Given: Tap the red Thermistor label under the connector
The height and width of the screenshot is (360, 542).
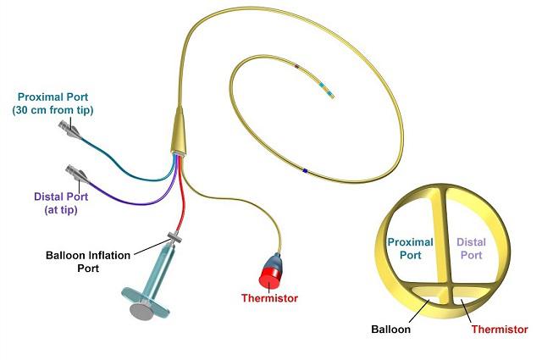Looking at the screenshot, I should pos(270,298).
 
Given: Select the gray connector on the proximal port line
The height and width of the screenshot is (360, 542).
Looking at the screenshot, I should pos(69,130).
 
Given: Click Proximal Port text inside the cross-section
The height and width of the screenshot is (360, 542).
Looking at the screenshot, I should pos(411,248).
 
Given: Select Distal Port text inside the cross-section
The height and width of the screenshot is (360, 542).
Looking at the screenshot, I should pos(471,248).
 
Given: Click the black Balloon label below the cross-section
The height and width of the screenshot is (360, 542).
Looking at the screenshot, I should pos(393,329).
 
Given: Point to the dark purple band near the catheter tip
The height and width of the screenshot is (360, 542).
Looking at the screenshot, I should pos(296,65).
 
